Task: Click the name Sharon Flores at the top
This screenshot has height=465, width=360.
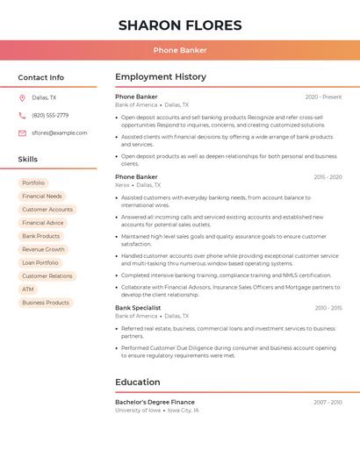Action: pyautogui.click(x=180, y=25)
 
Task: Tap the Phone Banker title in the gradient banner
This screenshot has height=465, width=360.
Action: pyautogui.click(x=180, y=50)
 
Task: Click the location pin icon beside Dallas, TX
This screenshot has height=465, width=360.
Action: pyautogui.click(x=22, y=97)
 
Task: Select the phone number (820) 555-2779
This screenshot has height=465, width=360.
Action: pyautogui.click(x=50, y=115)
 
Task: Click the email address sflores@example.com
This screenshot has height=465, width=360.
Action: pyautogui.click(x=60, y=132)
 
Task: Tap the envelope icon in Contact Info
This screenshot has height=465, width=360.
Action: pyautogui.click(x=22, y=132)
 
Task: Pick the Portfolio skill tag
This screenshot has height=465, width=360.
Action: pyautogui.click(x=33, y=182)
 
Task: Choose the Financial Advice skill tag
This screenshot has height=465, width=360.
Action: pyautogui.click(x=43, y=223)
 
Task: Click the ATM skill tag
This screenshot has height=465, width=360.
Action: pyautogui.click(x=28, y=290)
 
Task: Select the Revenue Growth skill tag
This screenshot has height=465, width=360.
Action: pyautogui.click(x=44, y=249)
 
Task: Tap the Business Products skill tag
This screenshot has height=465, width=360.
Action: pyautogui.click(x=46, y=303)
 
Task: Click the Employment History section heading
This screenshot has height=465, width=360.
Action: pyautogui.click(x=160, y=77)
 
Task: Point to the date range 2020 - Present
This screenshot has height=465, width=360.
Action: pyautogui.click(x=323, y=97)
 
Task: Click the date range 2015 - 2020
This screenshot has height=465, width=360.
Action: pyautogui.click(x=328, y=177)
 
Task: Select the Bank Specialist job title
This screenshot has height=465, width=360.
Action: pyautogui.click(x=138, y=308)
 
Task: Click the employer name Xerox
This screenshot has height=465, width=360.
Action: pyautogui.click(x=122, y=185)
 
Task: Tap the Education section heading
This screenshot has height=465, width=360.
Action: pyautogui.click(x=138, y=382)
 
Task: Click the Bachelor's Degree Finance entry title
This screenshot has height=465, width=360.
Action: pyautogui.click(x=155, y=402)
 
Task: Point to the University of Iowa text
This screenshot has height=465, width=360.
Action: pyautogui.click(x=138, y=410)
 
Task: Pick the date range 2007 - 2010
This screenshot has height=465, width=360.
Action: pyautogui.click(x=328, y=402)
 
